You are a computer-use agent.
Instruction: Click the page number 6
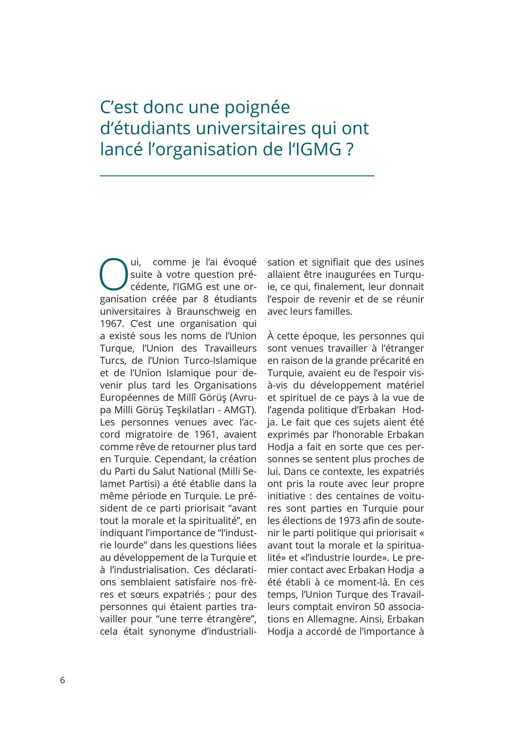pyautogui.click(x=62, y=680)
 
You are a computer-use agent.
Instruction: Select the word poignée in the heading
pyautogui.click(x=257, y=108)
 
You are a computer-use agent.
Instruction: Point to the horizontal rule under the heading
pyautogui.click(x=237, y=176)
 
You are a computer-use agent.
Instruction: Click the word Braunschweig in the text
pyautogui.click(x=208, y=311)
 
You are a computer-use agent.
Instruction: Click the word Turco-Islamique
pyautogui.click(x=220, y=361)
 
